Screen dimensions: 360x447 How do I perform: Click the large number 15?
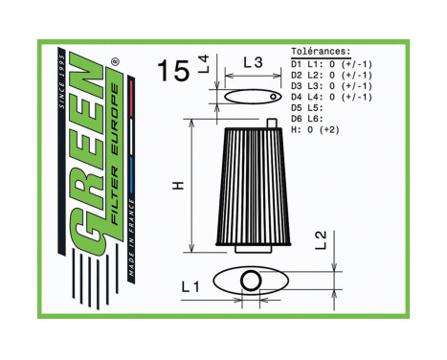(173, 71)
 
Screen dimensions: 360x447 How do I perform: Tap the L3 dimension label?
(253, 62)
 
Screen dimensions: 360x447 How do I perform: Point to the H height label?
(177, 184)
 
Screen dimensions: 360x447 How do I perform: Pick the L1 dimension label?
(190, 285)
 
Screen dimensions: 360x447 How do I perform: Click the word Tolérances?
(320, 52)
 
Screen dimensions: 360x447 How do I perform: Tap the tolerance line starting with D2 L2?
(330, 74)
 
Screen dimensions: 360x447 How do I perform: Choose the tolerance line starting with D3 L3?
(330, 85)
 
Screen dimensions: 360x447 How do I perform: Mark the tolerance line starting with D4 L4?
(330, 97)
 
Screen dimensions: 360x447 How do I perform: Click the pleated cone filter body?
(251, 186)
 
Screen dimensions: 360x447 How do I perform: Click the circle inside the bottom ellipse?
(251, 281)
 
